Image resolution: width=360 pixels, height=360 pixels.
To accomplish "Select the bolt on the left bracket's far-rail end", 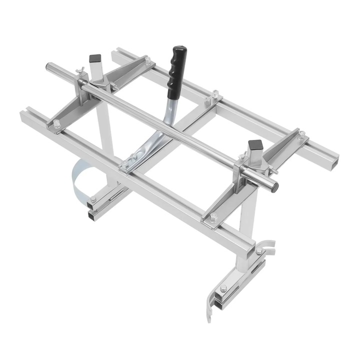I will [x=148, y=61].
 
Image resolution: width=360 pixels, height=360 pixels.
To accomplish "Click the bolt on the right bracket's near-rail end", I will [x=214, y=216].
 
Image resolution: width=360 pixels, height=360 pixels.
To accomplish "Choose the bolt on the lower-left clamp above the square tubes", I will [x=93, y=198].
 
